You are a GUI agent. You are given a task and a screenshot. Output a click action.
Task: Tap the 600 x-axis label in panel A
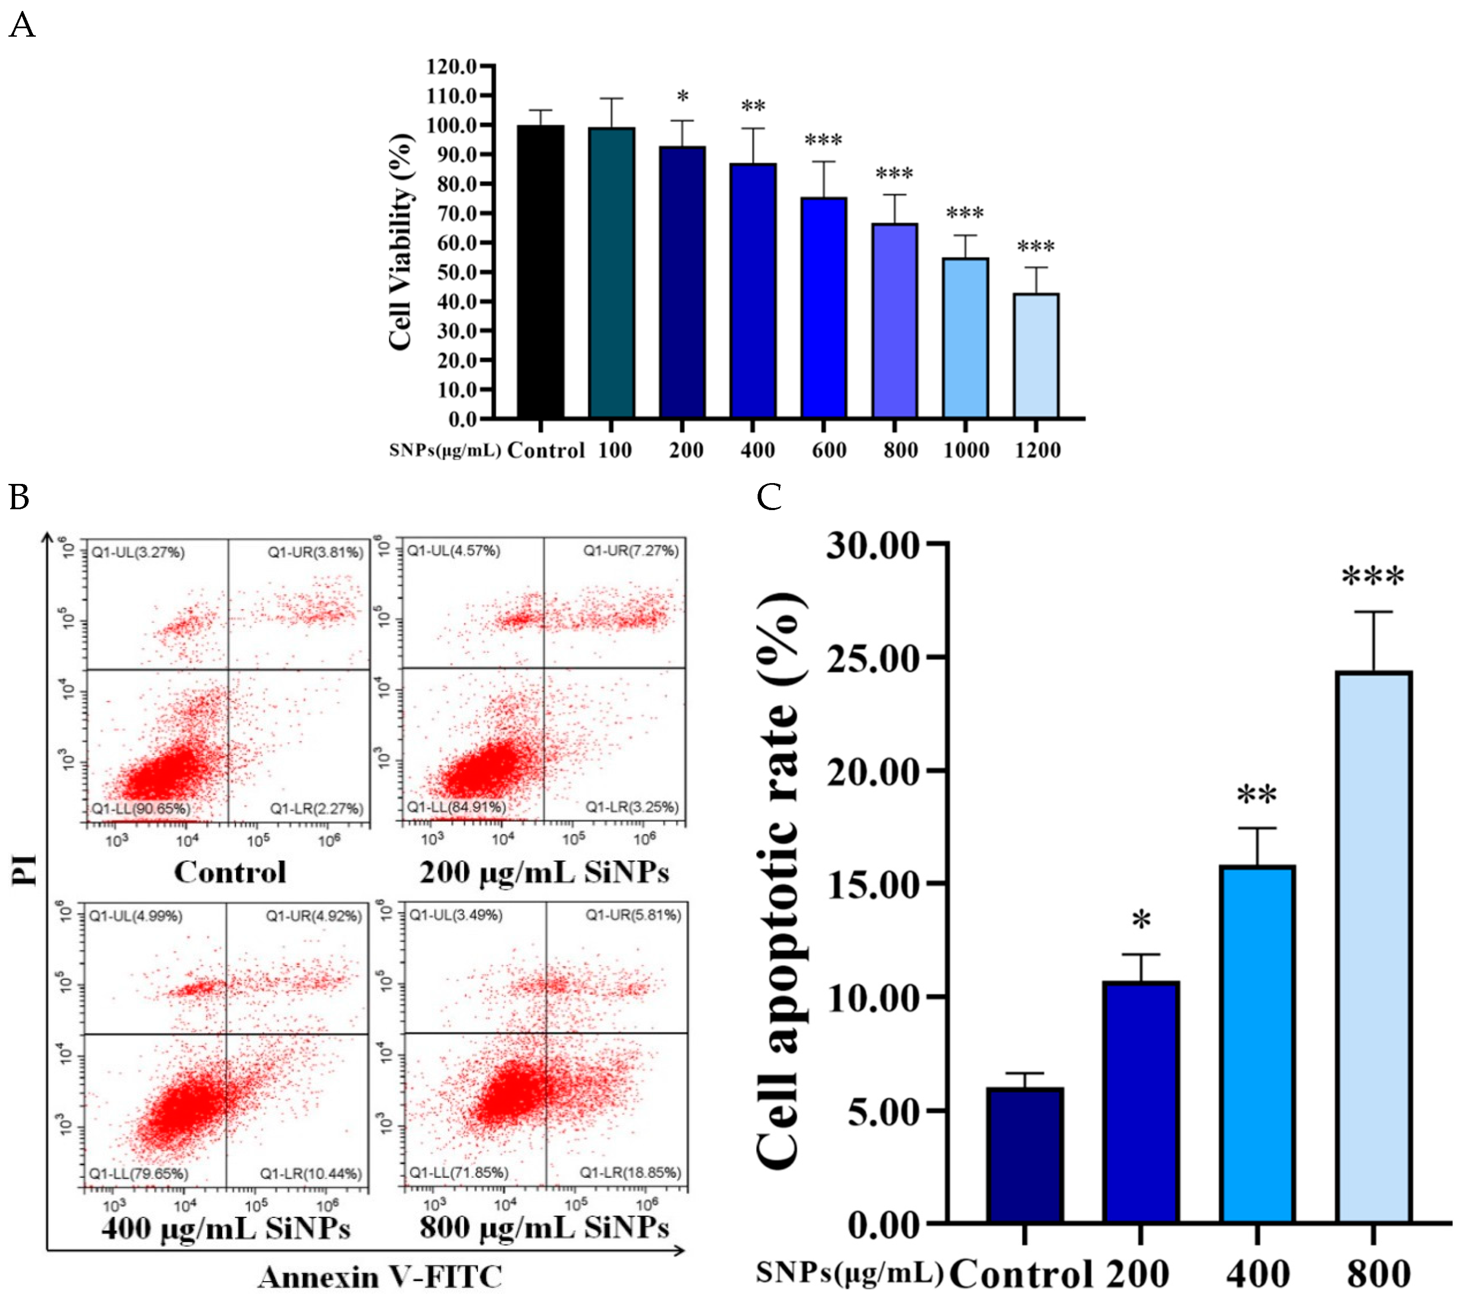click(x=829, y=451)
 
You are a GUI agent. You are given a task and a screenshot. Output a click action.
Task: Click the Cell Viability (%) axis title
click(x=401, y=242)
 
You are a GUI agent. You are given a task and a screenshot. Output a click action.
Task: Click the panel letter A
click(x=22, y=26)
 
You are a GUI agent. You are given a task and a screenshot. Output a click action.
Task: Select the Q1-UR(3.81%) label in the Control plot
click(x=315, y=552)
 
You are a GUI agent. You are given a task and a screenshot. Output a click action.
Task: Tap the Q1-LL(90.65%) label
click(x=141, y=809)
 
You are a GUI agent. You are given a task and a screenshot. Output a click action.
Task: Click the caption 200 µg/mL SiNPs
click(x=544, y=873)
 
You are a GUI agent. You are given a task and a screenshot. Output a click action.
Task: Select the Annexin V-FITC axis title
click(x=380, y=1277)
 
